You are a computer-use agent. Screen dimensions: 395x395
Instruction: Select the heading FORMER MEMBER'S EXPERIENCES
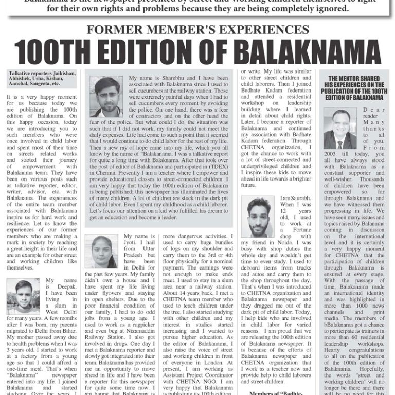click(197, 30)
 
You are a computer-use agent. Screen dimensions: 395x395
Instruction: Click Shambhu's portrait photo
click(105, 97)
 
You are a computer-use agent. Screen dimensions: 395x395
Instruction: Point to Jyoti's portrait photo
click(101, 251)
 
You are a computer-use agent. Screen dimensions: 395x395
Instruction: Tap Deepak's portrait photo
click(23, 296)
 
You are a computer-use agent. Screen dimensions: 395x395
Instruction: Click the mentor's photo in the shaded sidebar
click(339, 129)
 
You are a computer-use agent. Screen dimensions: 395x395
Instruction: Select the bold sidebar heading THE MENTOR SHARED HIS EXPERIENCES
click(354, 87)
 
